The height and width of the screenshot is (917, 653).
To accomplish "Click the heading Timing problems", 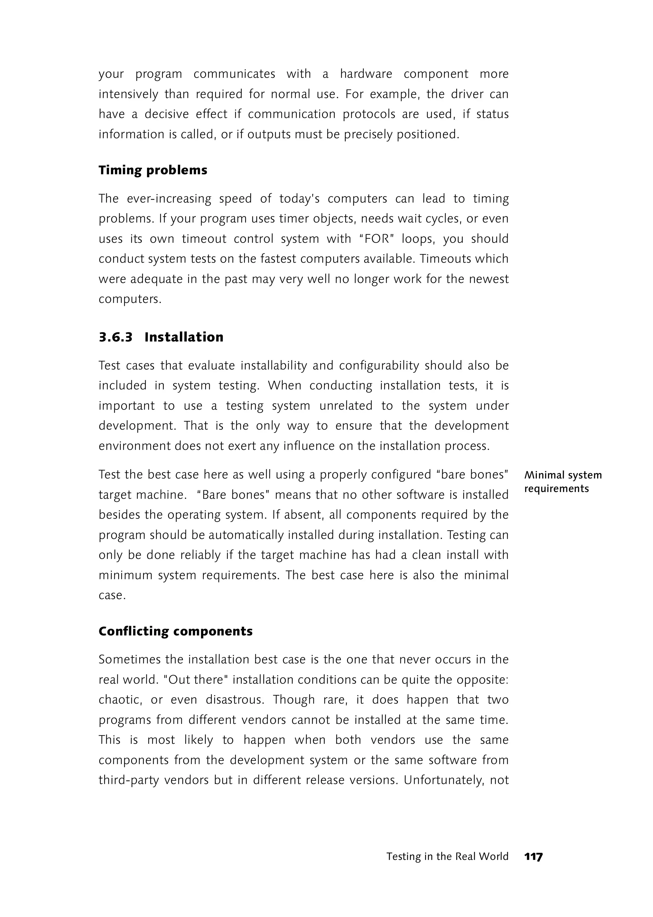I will coord(153,170).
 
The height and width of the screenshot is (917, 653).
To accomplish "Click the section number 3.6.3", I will coord(115,337).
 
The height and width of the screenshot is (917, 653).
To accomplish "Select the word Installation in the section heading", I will coord(184,337).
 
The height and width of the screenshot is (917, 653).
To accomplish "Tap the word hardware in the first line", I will coord(366,74).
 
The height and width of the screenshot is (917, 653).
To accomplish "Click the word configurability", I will coord(379,366).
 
